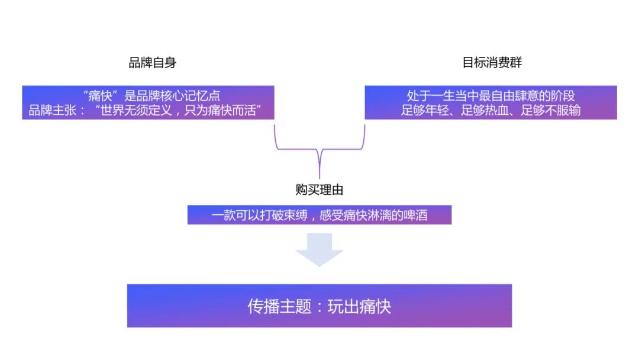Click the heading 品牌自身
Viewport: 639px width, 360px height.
pyautogui.click(x=152, y=63)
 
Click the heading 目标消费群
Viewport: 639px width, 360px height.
pyautogui.click(x=492, y=63)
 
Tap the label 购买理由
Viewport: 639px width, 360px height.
pyautogui.click(x=319, y=190)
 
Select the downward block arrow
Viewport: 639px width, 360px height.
pyautogui.click(x=319, y=249)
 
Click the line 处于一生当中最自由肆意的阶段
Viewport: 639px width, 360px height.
pyautogui.click(x=491, y=96)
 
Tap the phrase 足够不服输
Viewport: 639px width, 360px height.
pyautogui.click(x=551, y=111)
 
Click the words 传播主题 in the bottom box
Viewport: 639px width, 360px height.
pyautogui.click(x=279, y=307)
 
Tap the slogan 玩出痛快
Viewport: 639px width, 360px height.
pyautogui.click(x=359, y=307)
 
